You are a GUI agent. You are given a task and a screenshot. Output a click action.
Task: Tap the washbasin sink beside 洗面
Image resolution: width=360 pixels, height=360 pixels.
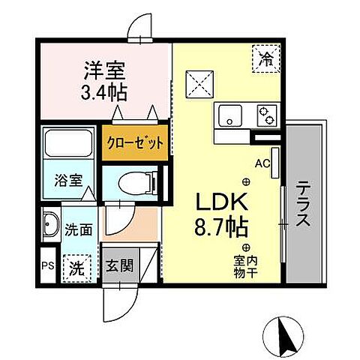(52, 226)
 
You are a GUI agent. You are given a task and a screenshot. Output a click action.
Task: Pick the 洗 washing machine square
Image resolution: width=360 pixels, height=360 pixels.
(76, 265)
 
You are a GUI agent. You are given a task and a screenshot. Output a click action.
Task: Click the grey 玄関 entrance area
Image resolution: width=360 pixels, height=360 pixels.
(120, 266)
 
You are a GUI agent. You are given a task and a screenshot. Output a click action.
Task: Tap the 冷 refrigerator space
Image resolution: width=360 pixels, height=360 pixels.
(266, 55)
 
